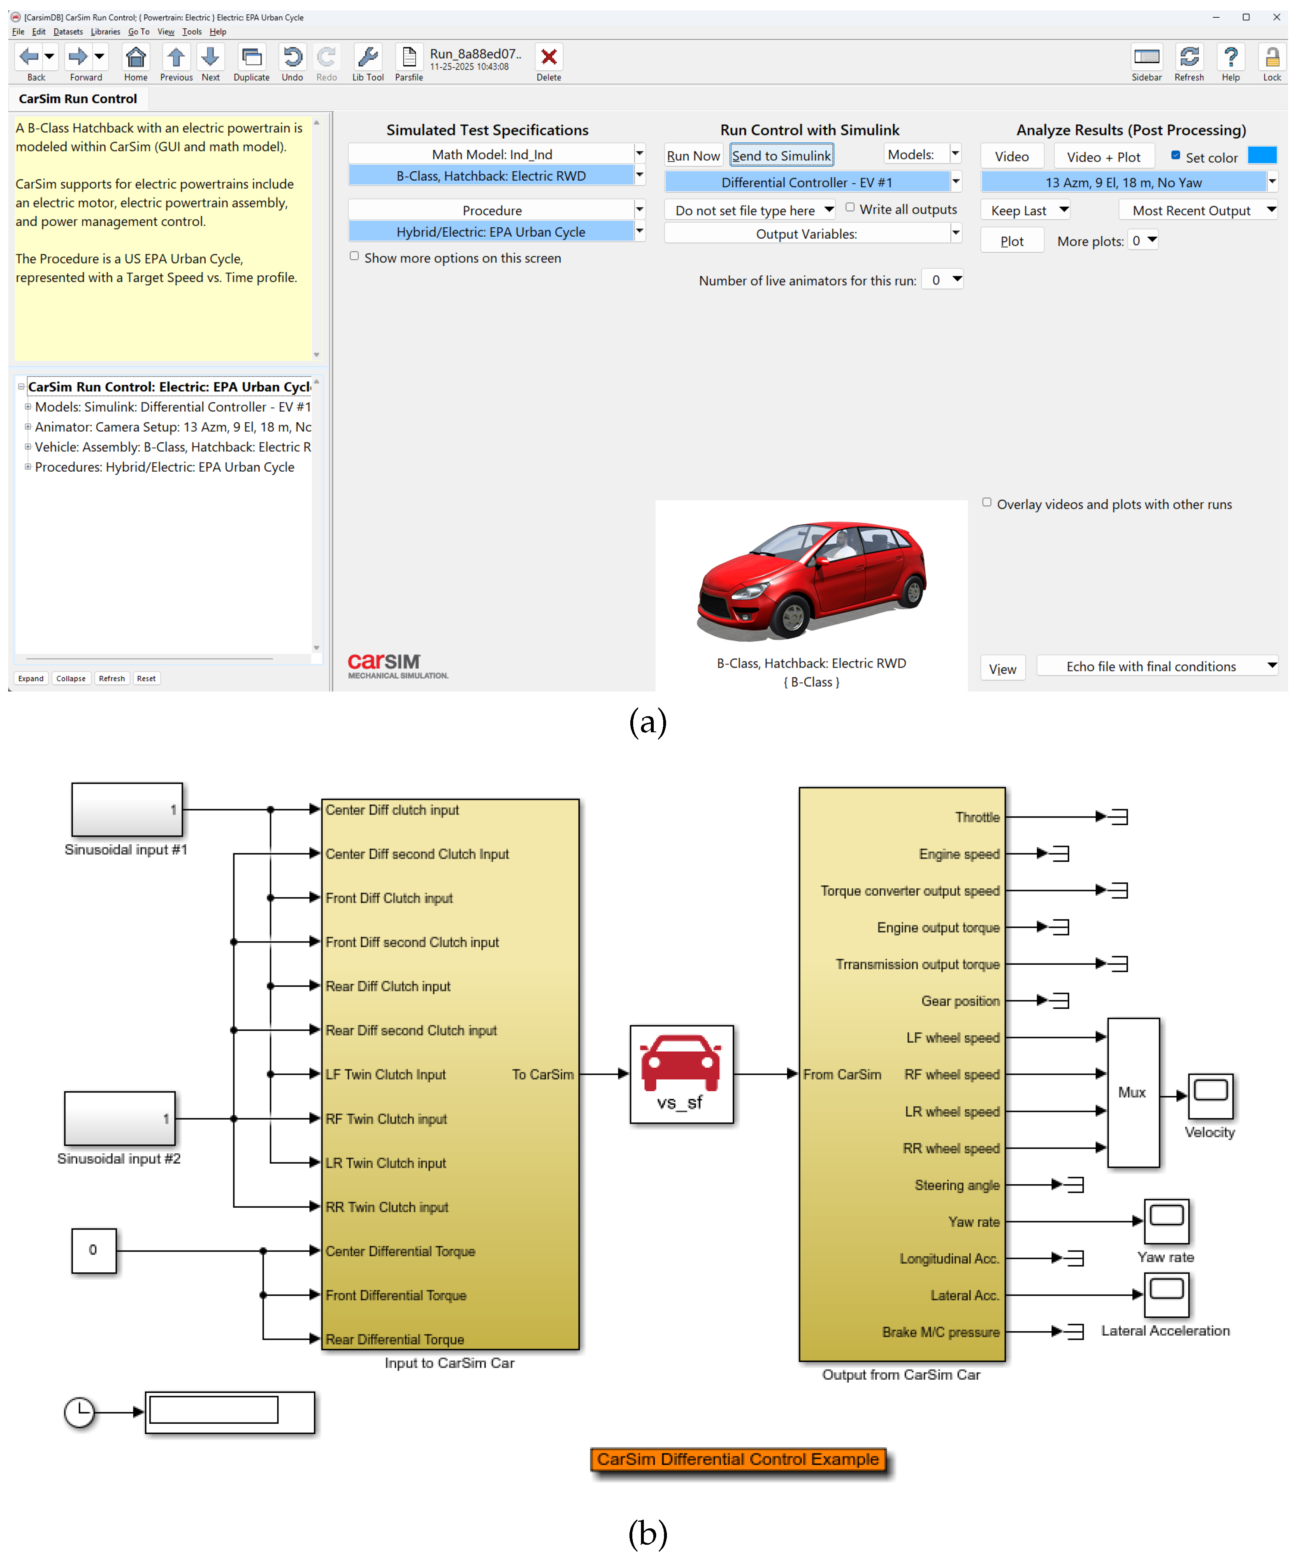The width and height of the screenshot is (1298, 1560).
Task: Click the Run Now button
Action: point(693,155)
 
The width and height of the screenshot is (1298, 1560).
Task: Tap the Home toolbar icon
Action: point(135,57)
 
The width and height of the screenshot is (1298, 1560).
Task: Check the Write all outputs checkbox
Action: point(850,208)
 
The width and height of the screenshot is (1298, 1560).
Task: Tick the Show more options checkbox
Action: point(354,256)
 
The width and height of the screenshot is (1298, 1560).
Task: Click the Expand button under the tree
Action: point(31,678)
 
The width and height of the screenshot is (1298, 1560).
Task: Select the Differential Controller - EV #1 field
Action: point(806,182)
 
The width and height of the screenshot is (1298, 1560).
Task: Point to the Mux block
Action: point(1133,1092)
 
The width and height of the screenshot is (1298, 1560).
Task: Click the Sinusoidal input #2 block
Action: point(120,1118)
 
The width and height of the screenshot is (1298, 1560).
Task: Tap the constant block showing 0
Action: point(93,1250)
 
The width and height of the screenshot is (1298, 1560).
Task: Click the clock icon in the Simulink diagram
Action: point(79,1411)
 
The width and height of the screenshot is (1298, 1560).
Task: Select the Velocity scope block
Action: point(1210,1096)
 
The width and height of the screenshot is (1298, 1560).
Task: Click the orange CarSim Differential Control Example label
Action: point(738,1459)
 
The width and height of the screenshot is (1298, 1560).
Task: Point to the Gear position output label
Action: point(960,1001)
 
